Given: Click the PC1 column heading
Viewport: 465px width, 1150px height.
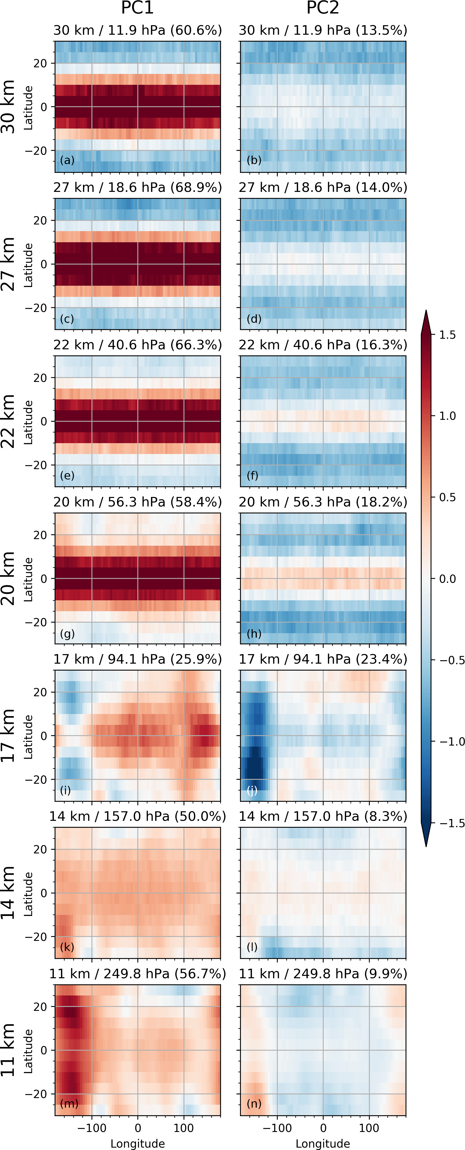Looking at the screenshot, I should click(138, 8).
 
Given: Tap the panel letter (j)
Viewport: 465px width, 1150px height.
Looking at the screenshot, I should click(252, 791).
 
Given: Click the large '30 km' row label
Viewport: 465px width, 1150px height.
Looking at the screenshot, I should click(8, 107).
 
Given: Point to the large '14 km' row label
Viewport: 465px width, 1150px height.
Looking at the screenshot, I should click(8, 893).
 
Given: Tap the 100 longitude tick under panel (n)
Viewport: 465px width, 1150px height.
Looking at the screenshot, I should click(369, 1128).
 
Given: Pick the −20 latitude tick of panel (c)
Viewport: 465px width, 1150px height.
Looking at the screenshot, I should click(36, 308).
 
